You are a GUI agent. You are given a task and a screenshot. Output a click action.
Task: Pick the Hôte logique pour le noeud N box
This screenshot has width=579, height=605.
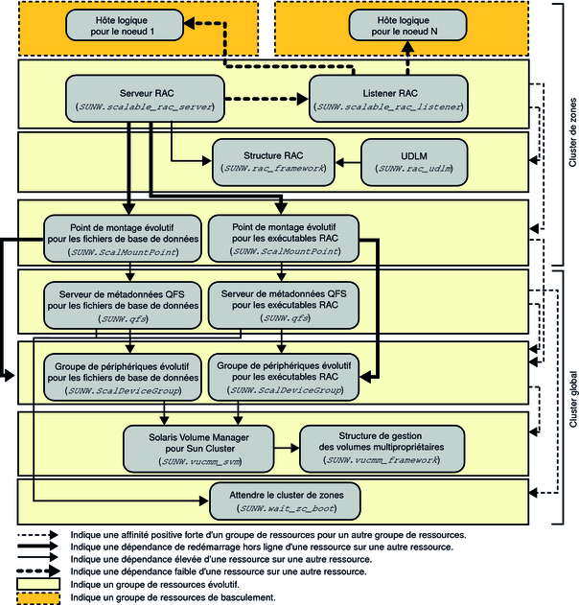point(402,26)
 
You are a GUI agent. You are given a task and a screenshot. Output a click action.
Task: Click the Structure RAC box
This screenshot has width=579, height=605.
point(274,160)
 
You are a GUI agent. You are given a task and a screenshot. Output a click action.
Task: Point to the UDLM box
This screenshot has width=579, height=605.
point(414,160)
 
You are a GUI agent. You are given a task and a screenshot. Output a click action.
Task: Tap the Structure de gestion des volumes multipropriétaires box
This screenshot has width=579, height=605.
point(382,445)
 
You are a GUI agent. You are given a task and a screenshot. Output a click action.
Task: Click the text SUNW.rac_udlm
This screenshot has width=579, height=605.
point(414,168)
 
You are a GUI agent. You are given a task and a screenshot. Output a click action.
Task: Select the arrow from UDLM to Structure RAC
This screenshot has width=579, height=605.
point(346,160)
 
